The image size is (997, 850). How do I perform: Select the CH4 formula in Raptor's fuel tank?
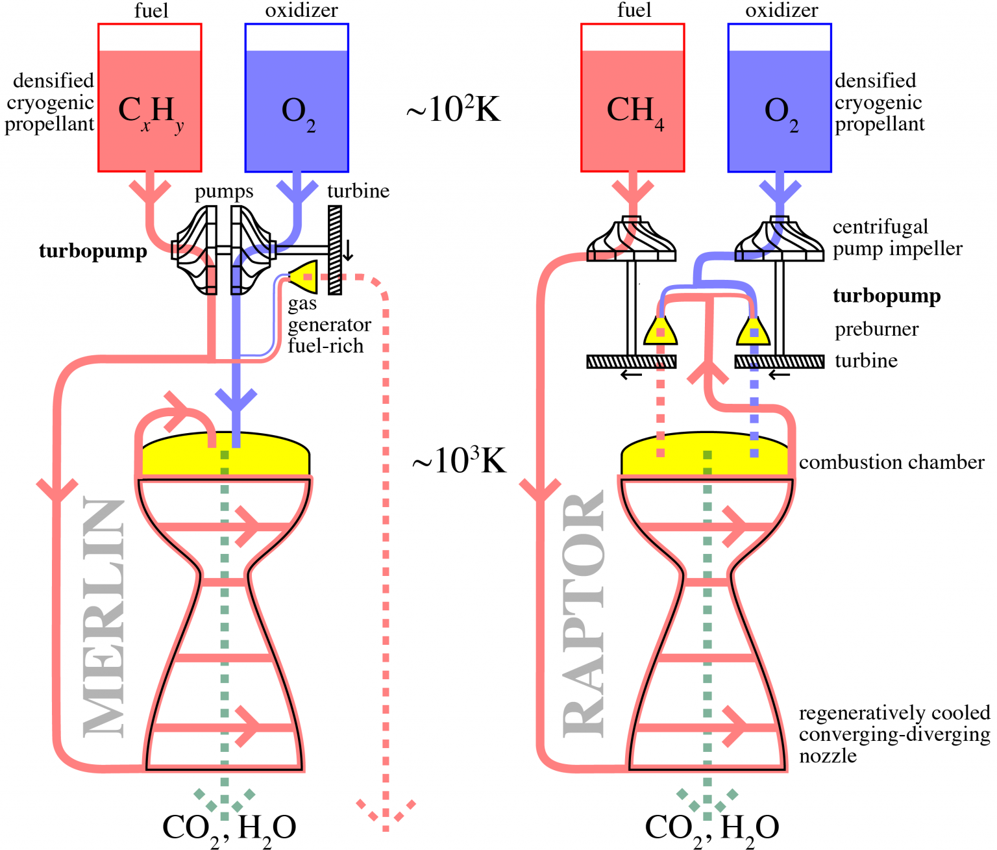(635, 111)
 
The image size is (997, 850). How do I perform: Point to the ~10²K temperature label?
(453, 108)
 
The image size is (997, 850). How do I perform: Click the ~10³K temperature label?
(458, 460)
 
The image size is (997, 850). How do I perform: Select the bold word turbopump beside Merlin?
(93, 251)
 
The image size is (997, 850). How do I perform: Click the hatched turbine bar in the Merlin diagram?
(335, 250)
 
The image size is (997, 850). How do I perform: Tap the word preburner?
(876, 329)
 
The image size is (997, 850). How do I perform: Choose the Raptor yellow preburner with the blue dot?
(754, 332)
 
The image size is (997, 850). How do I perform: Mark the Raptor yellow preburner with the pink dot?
(660, 332)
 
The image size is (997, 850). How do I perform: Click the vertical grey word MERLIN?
(104, 618)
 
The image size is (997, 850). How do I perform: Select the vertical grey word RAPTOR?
(583, 614)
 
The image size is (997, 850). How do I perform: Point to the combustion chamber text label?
(891, 462)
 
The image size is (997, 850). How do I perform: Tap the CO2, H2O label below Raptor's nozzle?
(711, 828)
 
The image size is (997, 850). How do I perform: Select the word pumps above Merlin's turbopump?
(224, 192)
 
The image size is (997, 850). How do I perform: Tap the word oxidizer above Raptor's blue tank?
(781, 10)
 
